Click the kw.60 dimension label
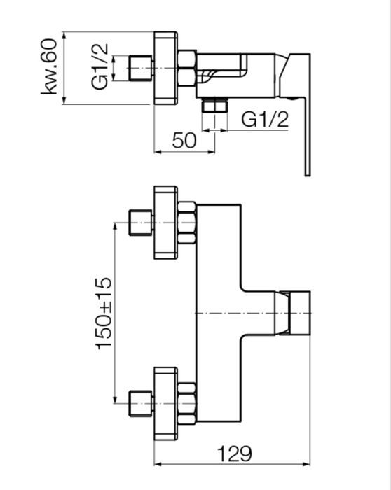[x=50, y=66]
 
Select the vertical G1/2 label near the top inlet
[x=100, y=66]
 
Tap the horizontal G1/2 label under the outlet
[x=265, y=119]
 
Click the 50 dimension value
[x=184, y=140]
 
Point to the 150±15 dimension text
[x=104, y=313]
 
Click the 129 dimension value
[x=235, y=454]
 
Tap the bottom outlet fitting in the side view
[x=214, y=105]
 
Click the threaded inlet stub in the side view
[x=141, y=68]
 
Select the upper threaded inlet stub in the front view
[x=141, y=223]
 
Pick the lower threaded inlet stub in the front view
[x=141, y=403]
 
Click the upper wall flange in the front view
[x=166, y=223]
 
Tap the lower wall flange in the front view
[x=166, y=403]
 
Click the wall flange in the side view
[x=166, y=68]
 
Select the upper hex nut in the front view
[x=187, y=223]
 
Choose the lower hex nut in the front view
[x=187, y=403]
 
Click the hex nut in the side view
[x=187, y=68]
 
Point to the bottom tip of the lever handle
[x=308, y=176]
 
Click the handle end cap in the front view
[x=300, y=313]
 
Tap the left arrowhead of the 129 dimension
[x=158, y=464]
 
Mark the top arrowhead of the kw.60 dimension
[x=64, y=35]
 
